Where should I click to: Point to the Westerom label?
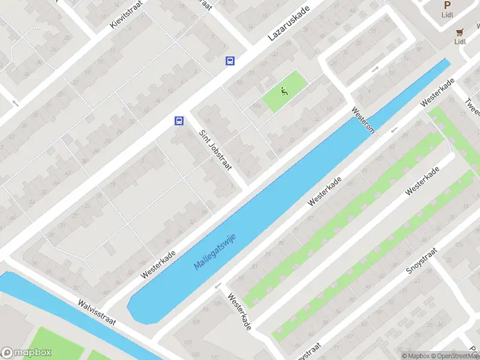pyautogui.click(x=363, y=121)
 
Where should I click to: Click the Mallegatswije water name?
pyautogui.click(x=215, y=251)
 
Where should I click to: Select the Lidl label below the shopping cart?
pyautogui.click(x=460, y=41)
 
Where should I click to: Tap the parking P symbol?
pyautogui.click(x=447, y=5)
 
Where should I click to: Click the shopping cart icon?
pyautogui.click(x=460, y=32)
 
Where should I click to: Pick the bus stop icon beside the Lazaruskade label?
pyautogui.click(x=230, y=61)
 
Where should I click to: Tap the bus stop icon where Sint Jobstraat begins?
pyautogui.click(x=179, y=121)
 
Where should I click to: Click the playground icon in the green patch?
pyautogui.click(x=284, y=91)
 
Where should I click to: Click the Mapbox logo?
pyautogui.click(x=26, y=353)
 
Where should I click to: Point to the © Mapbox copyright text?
pyautogui.click(x=417, y=356)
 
